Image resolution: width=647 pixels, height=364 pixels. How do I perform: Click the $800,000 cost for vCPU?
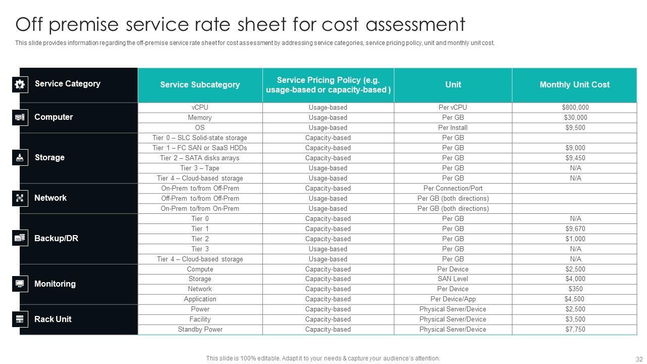(575, 107)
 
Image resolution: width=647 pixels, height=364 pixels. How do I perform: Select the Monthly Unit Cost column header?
(574, 84)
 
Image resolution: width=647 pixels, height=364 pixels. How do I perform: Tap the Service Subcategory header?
(200, 84)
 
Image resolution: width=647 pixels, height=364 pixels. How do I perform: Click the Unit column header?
(453, 84)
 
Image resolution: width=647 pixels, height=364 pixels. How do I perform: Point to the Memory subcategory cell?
(200, 117)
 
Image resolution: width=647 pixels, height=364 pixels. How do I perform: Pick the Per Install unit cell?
(453, 127)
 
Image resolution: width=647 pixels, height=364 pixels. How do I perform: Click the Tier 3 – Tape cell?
(200, 168)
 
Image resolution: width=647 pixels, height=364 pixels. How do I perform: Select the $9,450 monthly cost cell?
(575, 158)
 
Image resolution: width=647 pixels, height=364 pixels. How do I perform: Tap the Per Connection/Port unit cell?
(453, 188)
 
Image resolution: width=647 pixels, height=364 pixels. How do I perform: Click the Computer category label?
(54, 117)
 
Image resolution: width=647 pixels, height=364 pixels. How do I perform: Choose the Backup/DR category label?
(56, 238)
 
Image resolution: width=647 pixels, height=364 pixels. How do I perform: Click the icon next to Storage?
(20, 157)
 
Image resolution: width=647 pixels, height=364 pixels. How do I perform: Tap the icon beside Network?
(20, 198)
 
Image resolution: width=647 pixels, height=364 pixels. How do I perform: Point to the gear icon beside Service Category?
(20, 84)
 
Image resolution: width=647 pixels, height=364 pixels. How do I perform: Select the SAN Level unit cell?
(453, 279)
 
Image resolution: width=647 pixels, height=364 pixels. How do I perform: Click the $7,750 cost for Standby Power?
(575, 329)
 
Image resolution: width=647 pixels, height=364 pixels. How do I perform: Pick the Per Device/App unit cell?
(453, 299)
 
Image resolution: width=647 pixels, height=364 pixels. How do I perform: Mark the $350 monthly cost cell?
(575, 289)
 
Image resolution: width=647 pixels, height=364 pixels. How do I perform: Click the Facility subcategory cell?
(200, 319)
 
